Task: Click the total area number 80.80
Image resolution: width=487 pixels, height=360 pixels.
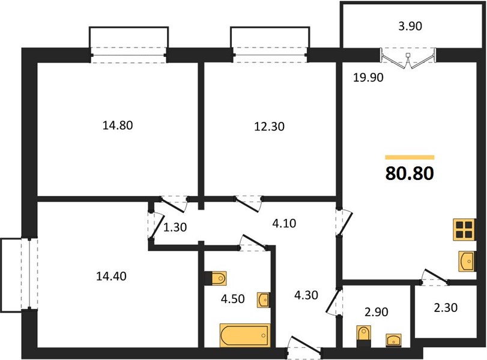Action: (410, 174)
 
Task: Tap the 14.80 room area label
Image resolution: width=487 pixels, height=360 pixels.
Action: (118, 125)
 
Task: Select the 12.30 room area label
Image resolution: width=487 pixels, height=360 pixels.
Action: (269, 127)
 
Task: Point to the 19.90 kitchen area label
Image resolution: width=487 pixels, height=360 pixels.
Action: (368, 77)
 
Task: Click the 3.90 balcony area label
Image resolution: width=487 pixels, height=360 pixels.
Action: (410, 26)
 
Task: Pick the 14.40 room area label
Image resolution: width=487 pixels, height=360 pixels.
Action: (111, 276)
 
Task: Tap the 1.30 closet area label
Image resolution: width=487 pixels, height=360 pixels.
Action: (175, 227)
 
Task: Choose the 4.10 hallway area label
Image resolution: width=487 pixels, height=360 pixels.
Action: (284, 223)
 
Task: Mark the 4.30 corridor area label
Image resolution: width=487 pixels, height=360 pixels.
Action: (306, 295)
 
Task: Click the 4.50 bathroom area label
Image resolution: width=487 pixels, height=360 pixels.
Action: (233, 299)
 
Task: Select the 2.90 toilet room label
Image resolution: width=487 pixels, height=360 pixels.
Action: (377, 312)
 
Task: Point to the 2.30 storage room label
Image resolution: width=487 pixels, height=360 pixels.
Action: (446, 308)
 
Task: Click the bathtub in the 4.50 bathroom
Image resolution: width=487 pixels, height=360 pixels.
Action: (245, 335)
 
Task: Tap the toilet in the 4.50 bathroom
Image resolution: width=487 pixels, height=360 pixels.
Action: (216, 278)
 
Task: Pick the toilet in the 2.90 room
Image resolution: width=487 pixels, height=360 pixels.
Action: (364, 337)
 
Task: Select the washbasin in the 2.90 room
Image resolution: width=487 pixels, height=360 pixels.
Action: (393, 340)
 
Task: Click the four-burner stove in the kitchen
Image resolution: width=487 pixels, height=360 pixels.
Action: (464, 229)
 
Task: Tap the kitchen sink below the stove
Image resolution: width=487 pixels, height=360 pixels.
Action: (467, 262)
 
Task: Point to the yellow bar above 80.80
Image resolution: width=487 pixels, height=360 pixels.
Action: (410, 157)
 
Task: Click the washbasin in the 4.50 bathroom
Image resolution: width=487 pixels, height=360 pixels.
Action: (264, 300)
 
